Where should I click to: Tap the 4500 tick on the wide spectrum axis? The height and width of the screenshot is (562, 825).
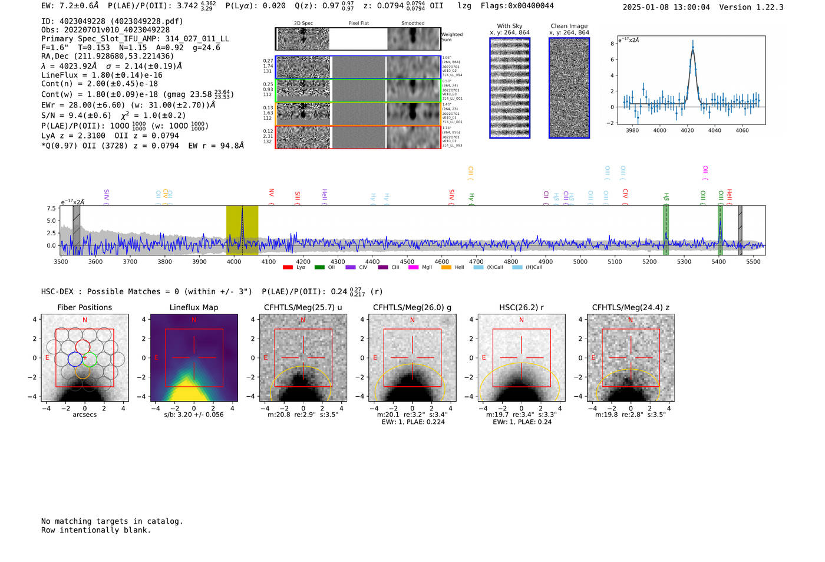[x=407, y=262]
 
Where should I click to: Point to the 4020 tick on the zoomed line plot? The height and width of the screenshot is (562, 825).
[x=687, y=130]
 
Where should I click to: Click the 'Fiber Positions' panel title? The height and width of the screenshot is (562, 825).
[x=84, y=307]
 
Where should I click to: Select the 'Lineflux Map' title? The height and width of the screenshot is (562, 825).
[x=194, y=307]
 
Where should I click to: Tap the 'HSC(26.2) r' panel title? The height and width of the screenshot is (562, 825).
[x=521, y=307]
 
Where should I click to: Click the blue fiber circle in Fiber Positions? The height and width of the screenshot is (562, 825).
[x=75, y=359]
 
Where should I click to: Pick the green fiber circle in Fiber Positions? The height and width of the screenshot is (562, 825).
[x=90, y=359]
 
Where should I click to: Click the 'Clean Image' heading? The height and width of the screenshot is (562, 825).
[x=569, y=26]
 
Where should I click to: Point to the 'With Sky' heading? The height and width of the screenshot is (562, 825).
[x=509, y=26]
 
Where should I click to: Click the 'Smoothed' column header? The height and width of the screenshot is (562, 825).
[x=412, y=24]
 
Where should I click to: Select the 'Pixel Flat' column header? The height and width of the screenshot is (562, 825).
[x=358, y=24]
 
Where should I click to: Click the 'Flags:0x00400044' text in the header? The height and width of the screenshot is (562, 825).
[x=517, y=6]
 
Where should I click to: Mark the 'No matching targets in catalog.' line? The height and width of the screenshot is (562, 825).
[x=112, y=521]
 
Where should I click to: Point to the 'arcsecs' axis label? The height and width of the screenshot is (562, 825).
[x=84, y=415]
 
